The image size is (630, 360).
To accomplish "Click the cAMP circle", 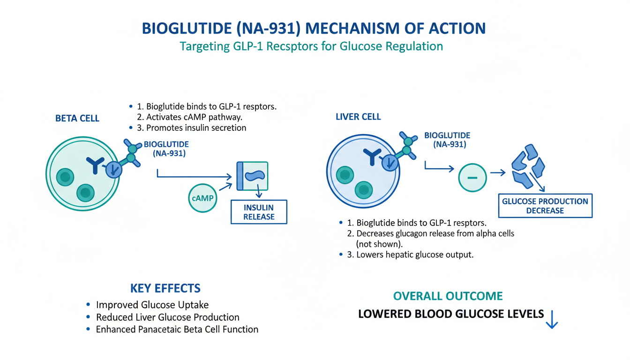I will [202, 198].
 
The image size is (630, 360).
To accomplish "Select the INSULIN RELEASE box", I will [259, 212].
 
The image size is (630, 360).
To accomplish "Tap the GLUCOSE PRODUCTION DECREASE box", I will [545, 206].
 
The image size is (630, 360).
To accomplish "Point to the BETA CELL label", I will [77, 119].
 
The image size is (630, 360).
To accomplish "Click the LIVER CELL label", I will [358, 117].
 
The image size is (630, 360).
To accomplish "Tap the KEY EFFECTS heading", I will [165, 288].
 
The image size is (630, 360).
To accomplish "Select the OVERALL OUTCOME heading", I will [448, 296].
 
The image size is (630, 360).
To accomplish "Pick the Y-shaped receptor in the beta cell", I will [96, 165].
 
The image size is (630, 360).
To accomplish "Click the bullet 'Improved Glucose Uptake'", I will [152, 305].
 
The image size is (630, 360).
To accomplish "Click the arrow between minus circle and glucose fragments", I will [497, 173].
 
